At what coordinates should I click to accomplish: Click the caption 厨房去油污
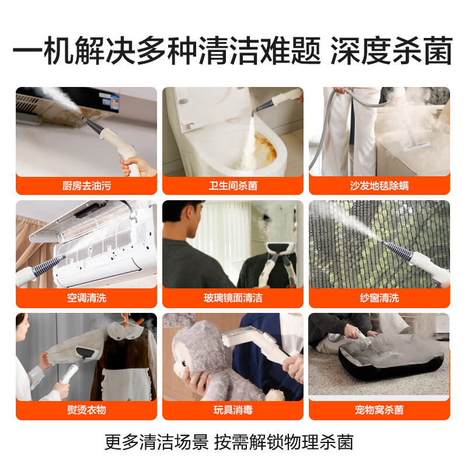click(x=86, y=186)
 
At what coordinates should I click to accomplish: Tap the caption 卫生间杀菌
click(x=233, y=186)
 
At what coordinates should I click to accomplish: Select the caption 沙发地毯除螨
click(x=379, y=186)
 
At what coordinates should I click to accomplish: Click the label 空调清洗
click(x=86, y=298)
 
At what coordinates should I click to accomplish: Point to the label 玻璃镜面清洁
click(x=233, y=298)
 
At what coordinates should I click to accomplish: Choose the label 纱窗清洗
click(x=379, y=298)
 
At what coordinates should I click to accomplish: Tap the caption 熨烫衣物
click(x=86, y=410)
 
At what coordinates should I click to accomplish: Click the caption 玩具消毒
click(x=233, y=410)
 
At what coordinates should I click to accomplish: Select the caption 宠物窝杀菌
click(x=379, y=410)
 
